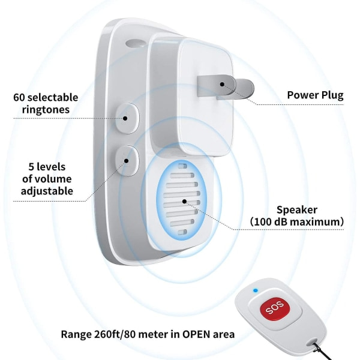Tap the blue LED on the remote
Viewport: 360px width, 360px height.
[x=256, y=290]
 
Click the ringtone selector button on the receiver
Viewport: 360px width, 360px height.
[x=127, y=118]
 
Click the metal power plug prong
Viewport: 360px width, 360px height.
[x=226, y=88]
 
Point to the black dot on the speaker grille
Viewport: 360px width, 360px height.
[x=184, y=202]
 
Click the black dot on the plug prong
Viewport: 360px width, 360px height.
[x=222, y=84]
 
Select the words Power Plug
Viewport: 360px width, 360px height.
[x=315, y=95]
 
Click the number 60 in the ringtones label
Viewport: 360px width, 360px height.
[x=19, y=97]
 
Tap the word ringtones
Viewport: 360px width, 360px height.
[x=46, y=110]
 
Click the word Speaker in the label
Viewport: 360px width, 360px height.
[x=297, y=210]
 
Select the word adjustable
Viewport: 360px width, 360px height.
[x=47, y=191]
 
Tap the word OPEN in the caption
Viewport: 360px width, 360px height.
[x=196, y=334]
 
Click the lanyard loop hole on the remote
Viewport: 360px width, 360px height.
[x=315, y=344]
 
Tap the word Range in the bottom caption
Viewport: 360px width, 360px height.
[x=76, y=335]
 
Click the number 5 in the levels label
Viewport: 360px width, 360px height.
[x=31, y=167]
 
